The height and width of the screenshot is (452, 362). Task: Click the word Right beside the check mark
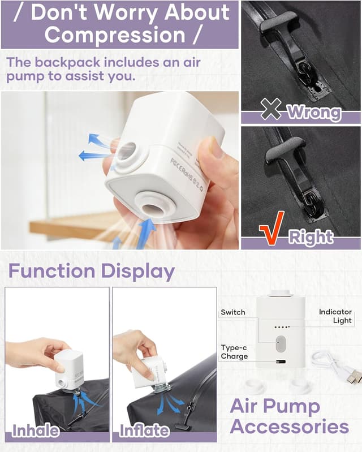[311, 236]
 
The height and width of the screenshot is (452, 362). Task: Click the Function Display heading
[91, 271]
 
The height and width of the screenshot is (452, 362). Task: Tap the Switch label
[233, 312]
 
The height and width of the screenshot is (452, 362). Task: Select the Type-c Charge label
[234, 352]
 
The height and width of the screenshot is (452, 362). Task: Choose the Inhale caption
[36, 431]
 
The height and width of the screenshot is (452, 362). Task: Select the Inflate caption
[144, 431]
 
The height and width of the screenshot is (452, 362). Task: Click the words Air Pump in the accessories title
[274, 406]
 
